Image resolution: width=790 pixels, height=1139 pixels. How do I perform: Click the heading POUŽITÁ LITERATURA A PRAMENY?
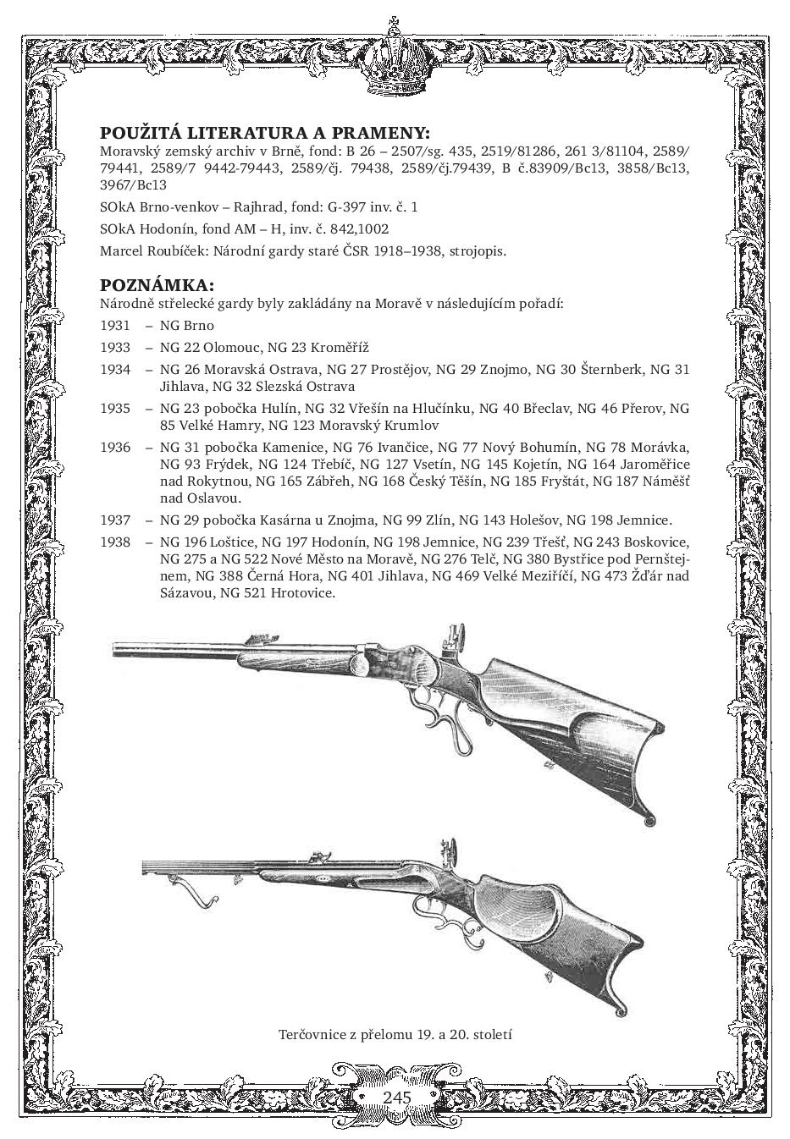(264, 134)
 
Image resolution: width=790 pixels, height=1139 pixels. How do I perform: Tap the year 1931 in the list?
(115, 325)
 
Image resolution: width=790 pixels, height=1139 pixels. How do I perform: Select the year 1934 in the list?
(115, 369)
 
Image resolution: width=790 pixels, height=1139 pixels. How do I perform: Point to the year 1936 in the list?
(115, 447)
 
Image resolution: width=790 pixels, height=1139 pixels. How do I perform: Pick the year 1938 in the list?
(115, 542)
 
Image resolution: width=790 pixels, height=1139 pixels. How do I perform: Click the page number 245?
(396, 1097)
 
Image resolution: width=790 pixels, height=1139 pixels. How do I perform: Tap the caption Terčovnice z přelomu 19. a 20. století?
(395, 1034)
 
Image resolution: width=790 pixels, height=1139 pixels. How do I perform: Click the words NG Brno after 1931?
(187, 325)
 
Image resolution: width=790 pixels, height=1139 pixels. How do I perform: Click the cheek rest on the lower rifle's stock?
(516, 898)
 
